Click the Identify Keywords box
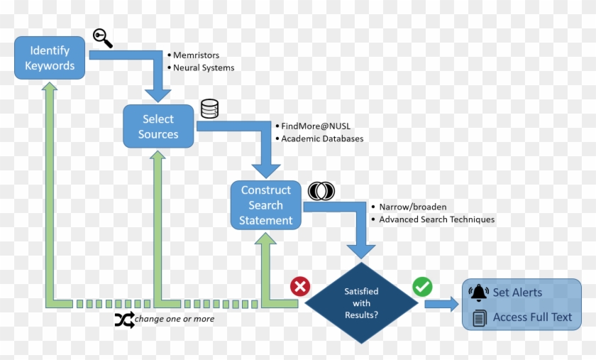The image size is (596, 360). (50, 58)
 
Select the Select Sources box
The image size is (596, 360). (158, 126)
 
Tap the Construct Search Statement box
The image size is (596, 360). (266, 205)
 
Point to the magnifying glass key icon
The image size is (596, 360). (103, 38)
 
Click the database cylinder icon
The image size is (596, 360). (209, 109)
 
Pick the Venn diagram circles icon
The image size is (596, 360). (321, 191)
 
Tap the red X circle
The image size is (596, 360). (300, 287)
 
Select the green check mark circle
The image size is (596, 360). (423, 287)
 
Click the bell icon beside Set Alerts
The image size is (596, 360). (480, 293)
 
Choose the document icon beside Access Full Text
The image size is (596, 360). (480, 317)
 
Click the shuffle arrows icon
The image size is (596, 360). (124, 320)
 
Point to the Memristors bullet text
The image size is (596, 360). (197, 55)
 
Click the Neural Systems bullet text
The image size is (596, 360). (204, 68)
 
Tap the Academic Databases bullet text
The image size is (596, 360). (322, 138)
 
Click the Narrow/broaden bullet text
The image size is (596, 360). (413, 207)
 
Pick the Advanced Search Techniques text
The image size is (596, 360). (436, 219)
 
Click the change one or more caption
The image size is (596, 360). (175, 320)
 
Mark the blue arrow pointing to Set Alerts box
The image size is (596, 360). (442, 304)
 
